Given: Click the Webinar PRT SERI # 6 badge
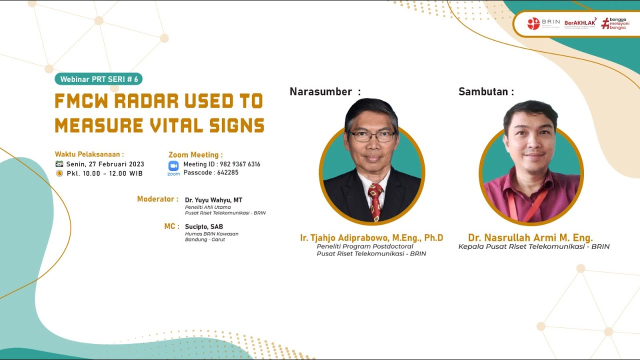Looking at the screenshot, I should (99, 79).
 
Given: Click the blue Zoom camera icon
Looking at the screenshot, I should (173, 166).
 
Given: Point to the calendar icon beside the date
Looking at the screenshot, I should (59, 164).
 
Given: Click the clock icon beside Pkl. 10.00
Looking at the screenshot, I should (59, 173).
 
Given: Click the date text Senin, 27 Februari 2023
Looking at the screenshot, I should (105, 164).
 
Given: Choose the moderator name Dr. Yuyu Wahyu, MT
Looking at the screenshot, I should (213, 200).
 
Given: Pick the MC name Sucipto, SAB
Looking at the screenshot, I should (204, 226).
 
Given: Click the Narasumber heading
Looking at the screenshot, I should (321, 91).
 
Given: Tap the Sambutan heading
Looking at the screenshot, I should (483, 91).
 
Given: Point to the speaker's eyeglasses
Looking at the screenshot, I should (372, 135).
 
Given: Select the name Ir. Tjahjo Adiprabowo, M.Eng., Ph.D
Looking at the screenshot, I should (371, 237).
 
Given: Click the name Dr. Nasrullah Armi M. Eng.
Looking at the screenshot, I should (530, 237).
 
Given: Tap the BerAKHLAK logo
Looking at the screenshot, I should (580, 22).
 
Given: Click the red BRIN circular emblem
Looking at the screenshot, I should (533, 23).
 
